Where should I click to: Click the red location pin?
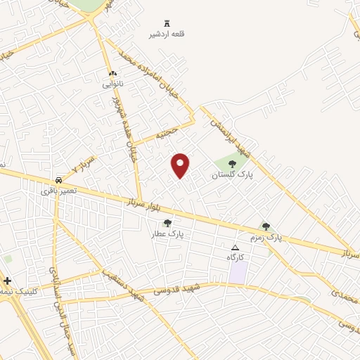coord(181,165)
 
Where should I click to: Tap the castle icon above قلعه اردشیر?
coord(167,23)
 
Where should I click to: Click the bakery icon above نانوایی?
coord(112,73)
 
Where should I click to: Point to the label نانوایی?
coord(112,84)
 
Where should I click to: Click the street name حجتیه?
coord(167,133)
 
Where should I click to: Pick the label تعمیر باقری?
coord(56,190)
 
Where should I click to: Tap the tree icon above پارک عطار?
coord(166,223)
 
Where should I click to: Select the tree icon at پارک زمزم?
coord(266,226)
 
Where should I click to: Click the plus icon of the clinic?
coord(7,281)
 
